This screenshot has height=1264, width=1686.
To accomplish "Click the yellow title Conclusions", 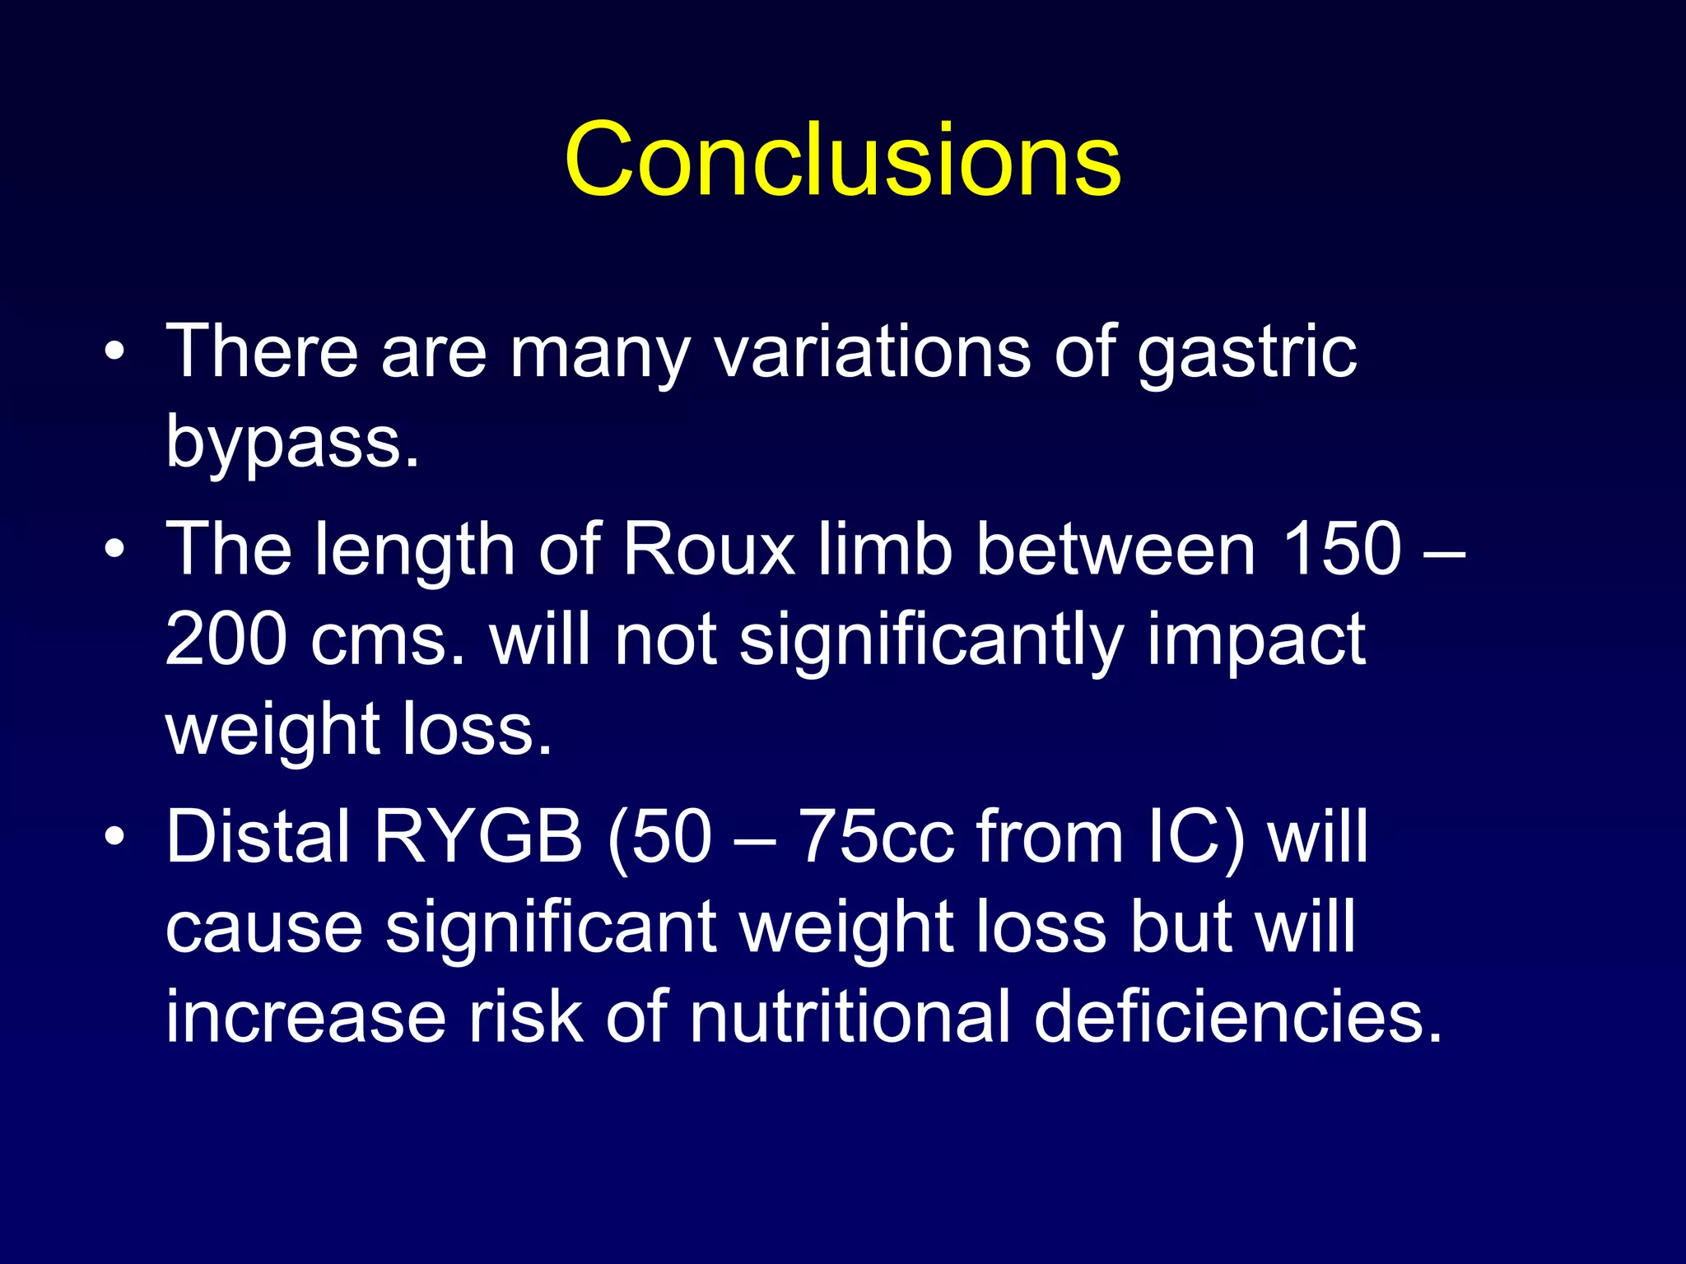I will point(842,160).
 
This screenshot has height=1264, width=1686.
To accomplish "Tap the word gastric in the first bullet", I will point(1246,352).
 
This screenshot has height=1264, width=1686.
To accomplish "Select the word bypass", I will point(292,443).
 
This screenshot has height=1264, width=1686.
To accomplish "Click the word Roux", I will point(709,550).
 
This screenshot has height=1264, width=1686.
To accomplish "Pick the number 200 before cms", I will point(226,640).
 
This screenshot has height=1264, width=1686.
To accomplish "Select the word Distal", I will point(259,837).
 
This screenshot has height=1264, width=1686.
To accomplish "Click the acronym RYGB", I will point(478,837).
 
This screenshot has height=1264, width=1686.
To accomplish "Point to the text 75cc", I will point(876,837).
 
